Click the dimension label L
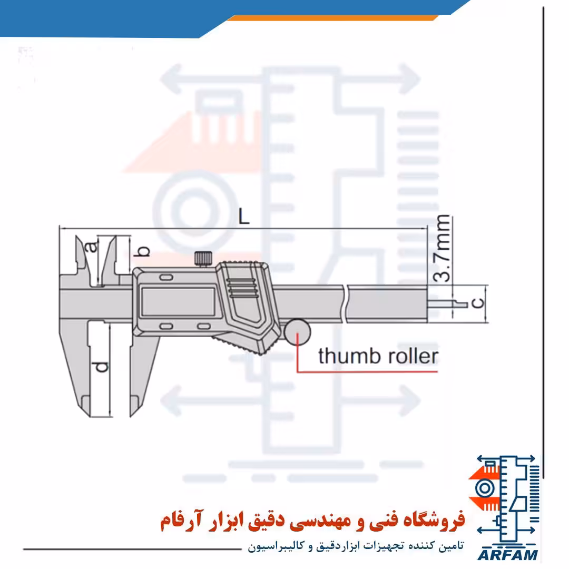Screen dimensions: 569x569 [x=244, y=217]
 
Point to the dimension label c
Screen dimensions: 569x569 [x=478, y=302]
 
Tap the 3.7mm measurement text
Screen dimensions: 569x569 [x=443, y=249]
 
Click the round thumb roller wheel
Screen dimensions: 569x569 [x=297, y=332]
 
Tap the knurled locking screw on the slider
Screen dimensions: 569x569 [x=203, y=258]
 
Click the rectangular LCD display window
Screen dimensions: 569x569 [x=178, y=301]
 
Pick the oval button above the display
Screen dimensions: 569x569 [x=166, y=278]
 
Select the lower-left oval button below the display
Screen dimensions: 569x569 [x=166, y=326]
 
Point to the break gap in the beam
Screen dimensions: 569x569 [x=345, y=304]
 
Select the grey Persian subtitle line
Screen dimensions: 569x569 [x=356, y=546]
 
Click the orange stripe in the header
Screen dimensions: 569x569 [x=332, y=18]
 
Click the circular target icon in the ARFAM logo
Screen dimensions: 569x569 [x=485, y=488]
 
